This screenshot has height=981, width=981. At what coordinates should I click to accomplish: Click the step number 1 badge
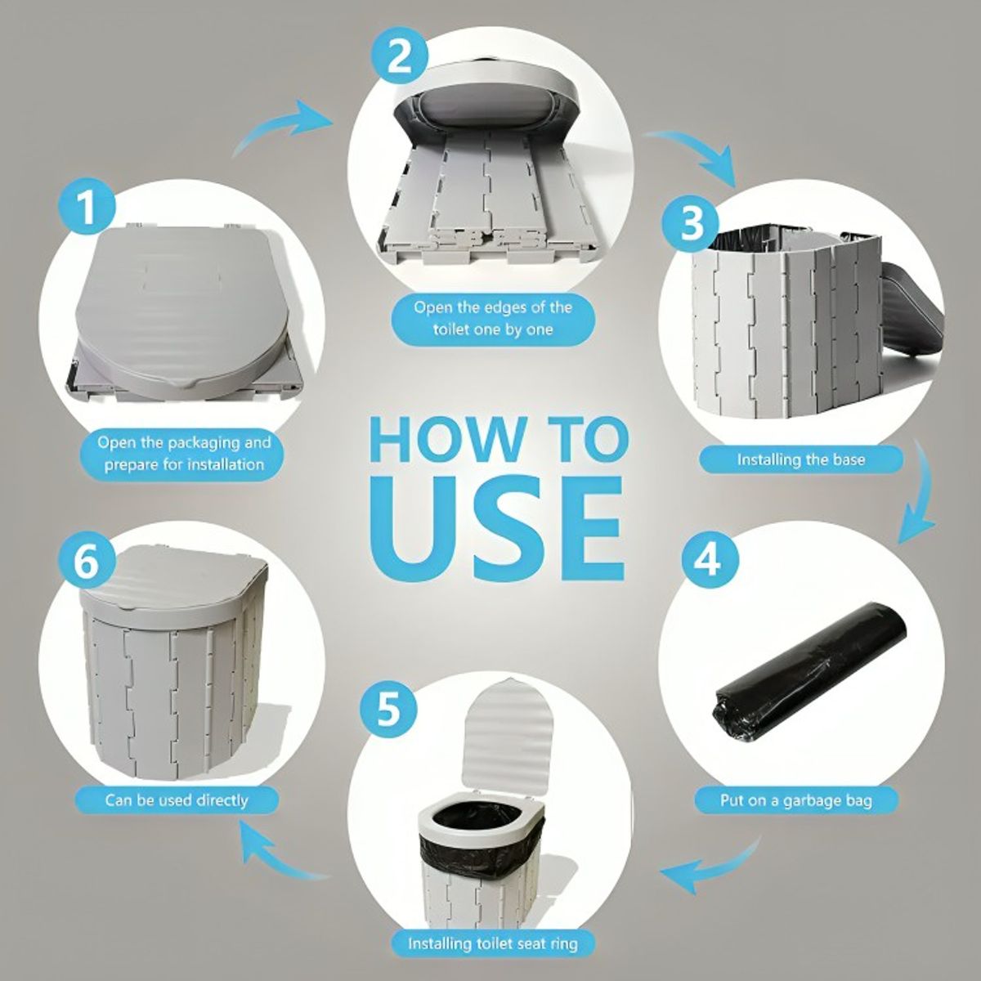87,208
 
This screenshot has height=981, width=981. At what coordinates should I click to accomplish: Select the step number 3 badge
691,225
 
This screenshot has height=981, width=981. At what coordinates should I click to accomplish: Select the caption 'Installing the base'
801,459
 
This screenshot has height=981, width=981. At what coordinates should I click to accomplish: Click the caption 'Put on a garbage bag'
795,800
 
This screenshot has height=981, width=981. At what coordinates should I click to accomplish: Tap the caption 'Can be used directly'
177,800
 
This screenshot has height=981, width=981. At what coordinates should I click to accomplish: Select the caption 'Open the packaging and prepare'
184,453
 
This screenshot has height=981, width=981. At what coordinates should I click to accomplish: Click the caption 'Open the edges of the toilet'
493,318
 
